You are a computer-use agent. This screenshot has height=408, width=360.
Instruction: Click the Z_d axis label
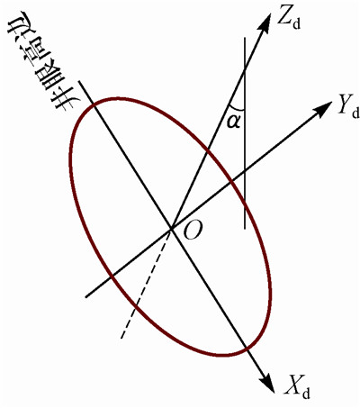[x=288, y=20]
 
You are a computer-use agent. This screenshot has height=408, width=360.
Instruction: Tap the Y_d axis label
[x=347, y=109]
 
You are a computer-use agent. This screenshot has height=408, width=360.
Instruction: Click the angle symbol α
[x=234, y=122]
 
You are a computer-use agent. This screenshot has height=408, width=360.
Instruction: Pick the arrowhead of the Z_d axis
[x=264, y=23]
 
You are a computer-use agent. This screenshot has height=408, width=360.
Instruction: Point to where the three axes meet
[x=171, y=229]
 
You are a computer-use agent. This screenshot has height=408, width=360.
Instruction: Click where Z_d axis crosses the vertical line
[x=245, y=69]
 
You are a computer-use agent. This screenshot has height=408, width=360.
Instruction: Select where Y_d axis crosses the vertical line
[x=245, y=171]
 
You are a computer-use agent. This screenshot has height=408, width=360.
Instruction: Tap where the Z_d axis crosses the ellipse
[x=208, y=150]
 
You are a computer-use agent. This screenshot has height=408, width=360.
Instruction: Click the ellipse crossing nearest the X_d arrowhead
[x=246, y=348]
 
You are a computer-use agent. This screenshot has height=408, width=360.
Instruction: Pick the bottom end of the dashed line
[x=121, y=339]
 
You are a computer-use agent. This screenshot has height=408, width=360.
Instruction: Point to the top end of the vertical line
[x=245, y=38]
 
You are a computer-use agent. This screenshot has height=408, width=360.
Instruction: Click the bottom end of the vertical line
[x=245, y=229]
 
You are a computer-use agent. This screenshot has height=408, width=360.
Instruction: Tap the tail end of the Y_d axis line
[x=85, y=297]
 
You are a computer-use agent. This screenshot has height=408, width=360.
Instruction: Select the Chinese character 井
[x=64, y=102]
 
